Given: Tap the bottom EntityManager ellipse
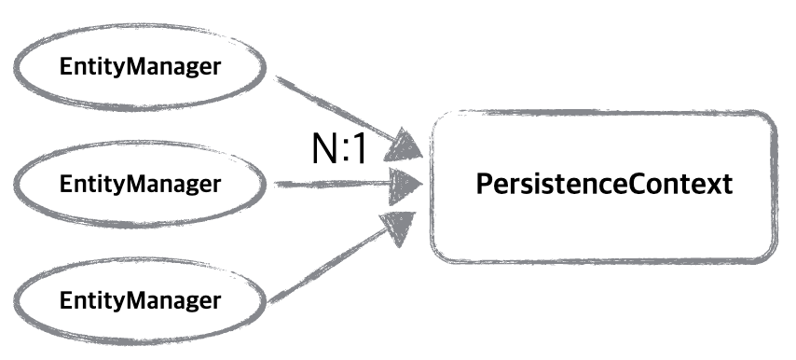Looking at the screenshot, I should tap(140, 301).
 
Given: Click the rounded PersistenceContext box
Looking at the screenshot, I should tap(604, 185).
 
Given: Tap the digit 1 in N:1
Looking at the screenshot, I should tap(358, 148).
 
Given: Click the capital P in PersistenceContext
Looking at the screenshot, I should tap(484, 185).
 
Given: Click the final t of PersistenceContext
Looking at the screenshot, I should tap(727, 185).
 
